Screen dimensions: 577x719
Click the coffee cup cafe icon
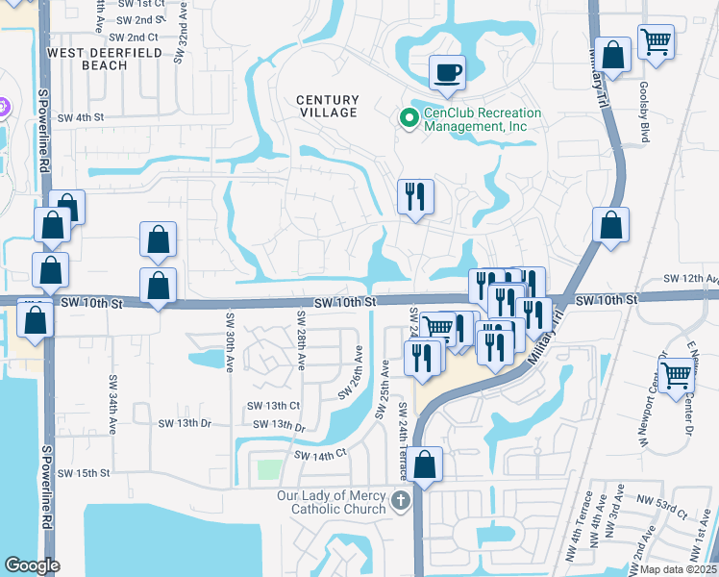446,71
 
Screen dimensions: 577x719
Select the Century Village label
327,106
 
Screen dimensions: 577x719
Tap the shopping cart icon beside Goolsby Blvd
656,41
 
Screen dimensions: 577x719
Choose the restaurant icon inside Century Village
416,196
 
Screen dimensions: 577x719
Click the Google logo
32,565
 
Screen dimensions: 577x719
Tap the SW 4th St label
80,118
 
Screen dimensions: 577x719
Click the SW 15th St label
85,473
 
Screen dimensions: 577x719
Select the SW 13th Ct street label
274,406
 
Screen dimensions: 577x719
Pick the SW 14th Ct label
320,455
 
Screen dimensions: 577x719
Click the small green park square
270,471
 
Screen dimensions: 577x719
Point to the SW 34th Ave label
112,403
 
